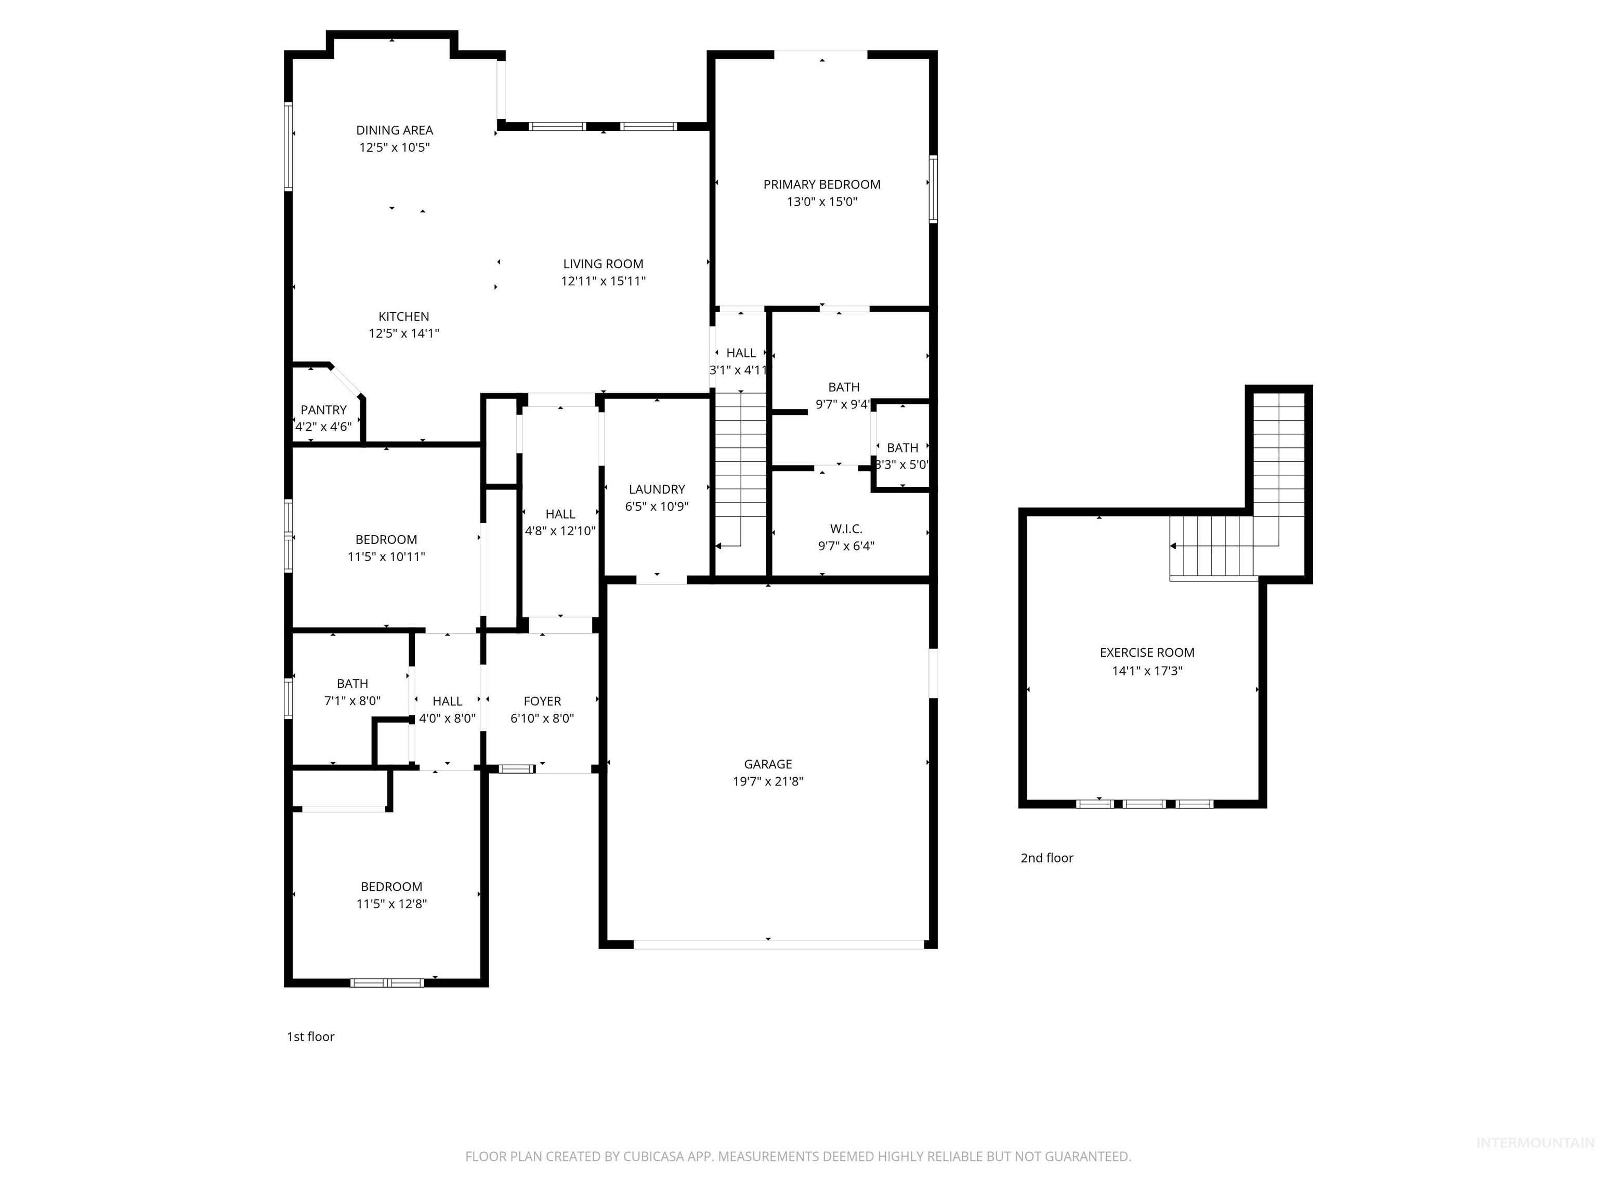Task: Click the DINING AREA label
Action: [x=394, y=130]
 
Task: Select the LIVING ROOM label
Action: [x=603, y=264]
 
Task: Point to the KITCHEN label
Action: [x=403, y=316]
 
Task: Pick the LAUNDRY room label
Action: [x=656, y=489]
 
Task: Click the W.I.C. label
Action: [x=846, y=529]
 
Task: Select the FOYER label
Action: [x=542, y=701]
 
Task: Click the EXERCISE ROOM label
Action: [x=1146, y=652]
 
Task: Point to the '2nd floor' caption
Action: [x=1046, y=858]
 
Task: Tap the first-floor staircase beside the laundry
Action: [x=740, y=469]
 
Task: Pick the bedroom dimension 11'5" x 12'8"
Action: [x=391, y=903]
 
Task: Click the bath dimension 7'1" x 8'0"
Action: [x=352, y=701]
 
